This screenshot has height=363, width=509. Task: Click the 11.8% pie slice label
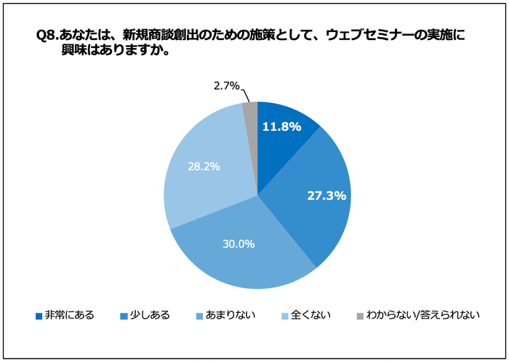point(281,127)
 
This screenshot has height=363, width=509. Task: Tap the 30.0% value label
point(239,244)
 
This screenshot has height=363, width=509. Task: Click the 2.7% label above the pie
point(226,87)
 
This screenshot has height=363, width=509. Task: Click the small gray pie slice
point(251,111)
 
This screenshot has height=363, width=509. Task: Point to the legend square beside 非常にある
point(39,316)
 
